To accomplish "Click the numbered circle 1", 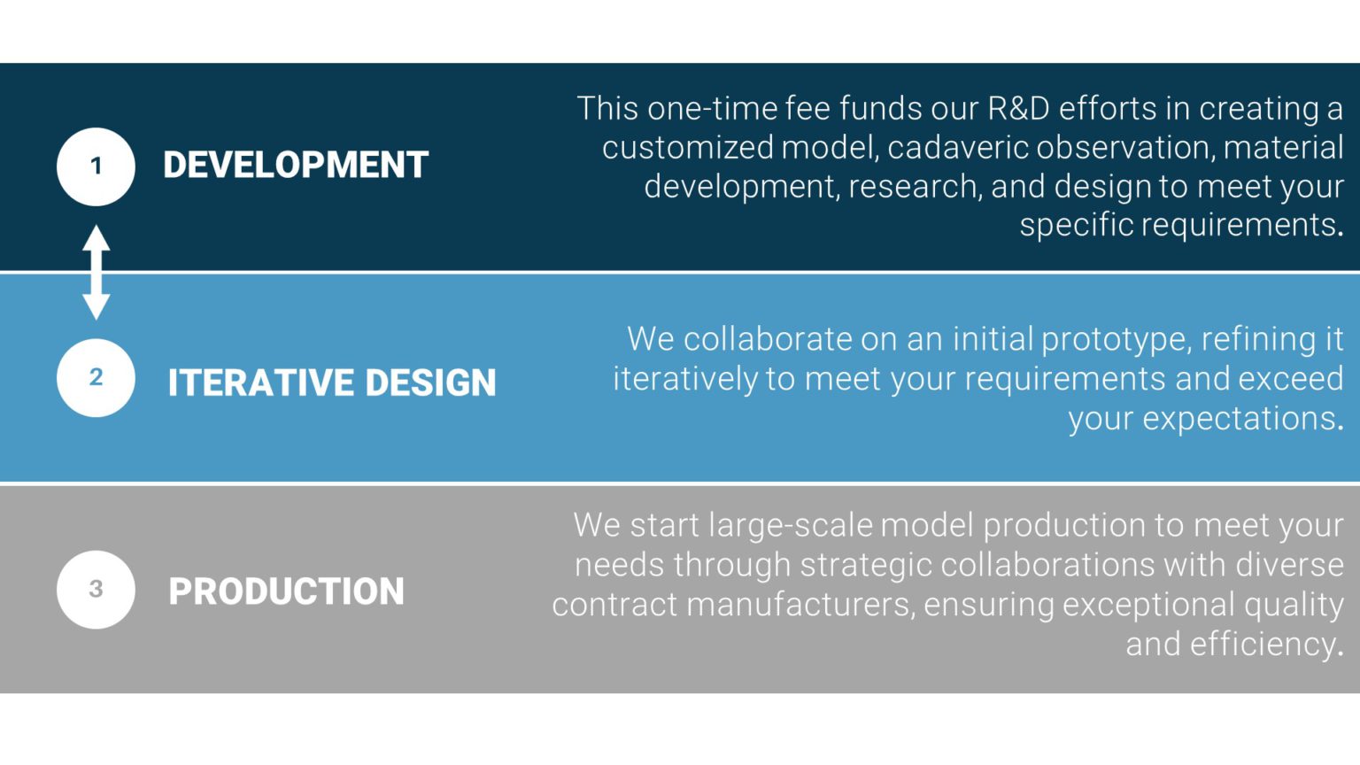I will point(96,166).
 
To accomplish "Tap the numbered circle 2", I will point(96,377).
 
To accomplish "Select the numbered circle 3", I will point(96,589).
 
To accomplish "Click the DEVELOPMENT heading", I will point(296,166).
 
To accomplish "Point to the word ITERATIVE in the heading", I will point(260,383).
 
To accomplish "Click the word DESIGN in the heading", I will point(430,383).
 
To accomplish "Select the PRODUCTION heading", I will point(286,591).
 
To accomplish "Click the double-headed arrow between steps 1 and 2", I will point(96,272).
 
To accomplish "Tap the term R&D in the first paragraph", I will point(1018,108).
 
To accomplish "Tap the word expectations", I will point(1240,419).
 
